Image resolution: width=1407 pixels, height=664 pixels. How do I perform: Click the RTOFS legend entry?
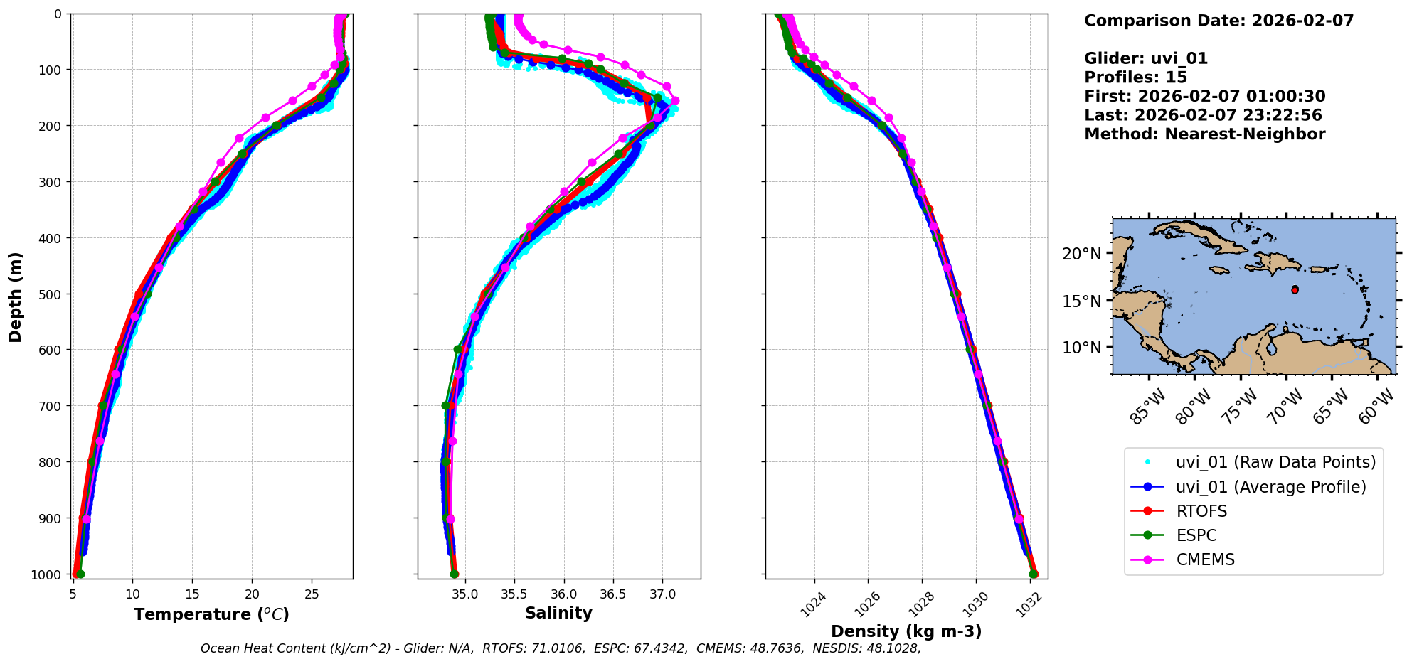(x=1201, y=511)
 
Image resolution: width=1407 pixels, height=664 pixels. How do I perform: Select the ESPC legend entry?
(x=1196, y=535)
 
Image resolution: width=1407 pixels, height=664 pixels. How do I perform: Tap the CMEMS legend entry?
(x=1205, y=559)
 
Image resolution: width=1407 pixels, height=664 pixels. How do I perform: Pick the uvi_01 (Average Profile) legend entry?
(x=1270, y=487)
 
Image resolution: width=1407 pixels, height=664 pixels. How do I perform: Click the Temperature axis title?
(x=211, y=614)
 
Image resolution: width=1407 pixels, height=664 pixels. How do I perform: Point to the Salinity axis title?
(x=558, y=613)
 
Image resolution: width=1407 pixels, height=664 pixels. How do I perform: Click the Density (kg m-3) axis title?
(x=906, y=631)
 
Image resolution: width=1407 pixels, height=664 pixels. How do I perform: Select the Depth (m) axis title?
(x=16, y=296)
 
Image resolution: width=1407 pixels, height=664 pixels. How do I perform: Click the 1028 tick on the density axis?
(x=922, y=605)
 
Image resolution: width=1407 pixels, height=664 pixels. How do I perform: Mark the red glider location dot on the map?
(x=1295, y=290)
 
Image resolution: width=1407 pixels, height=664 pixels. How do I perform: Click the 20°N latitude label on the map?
(x=1081, y=254)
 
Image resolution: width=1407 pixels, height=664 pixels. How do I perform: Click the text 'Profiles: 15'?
(x=1135, y=77)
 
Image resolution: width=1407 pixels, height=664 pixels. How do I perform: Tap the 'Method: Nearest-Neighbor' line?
(x=1204, y=134)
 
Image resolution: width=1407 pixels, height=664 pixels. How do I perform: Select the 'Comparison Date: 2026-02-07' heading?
(x=1218, y=21)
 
